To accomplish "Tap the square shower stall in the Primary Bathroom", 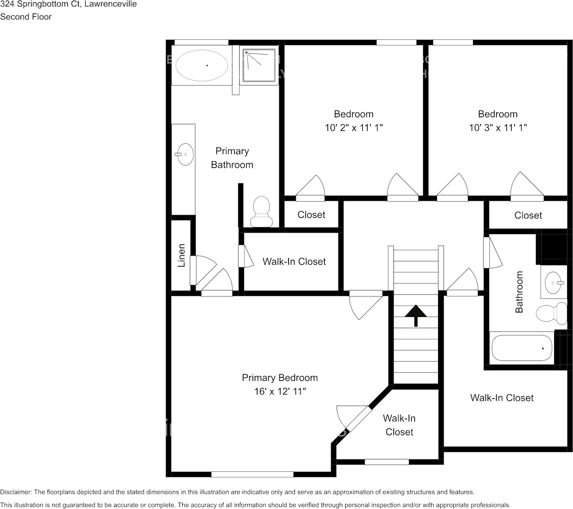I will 260,65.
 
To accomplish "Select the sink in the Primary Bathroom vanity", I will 184,154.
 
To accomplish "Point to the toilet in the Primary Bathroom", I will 261,212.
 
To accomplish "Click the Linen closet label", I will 182,255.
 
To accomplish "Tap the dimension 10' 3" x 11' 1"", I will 498,128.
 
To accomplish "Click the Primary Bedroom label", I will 280,378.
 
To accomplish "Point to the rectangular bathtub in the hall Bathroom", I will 522,348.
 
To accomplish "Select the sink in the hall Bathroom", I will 554,282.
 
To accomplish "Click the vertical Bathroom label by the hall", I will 519,292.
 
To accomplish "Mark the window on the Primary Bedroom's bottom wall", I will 252,475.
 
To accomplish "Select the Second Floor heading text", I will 26,17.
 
